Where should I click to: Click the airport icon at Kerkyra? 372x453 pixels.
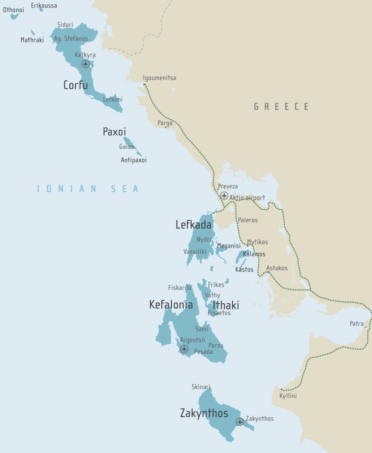[x=86, y=64]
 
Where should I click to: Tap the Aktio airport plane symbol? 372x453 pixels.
[x=224, y=196]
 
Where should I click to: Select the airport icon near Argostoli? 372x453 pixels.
[x=184, y=349]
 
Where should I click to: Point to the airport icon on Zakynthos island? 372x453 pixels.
[x=240, y=422]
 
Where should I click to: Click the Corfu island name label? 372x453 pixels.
[x=75, y=85]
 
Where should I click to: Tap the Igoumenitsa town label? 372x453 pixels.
[x=159, y=78]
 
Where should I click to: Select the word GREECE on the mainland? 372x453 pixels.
[x=281, y=107]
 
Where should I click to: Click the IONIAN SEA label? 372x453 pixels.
[x=88, y=189]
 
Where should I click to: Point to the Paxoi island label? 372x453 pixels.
[x=114, y=132]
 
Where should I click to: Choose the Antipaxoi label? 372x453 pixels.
[x=134, y=160]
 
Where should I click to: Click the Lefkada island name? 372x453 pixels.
[x=193, y=225]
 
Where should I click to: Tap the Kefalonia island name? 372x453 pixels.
[x=171, y=305]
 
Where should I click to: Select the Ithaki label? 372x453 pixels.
[x=226, y=305]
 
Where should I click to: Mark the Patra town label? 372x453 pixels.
[x=356, y=324]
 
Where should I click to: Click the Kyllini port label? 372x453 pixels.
[x=289, y=396]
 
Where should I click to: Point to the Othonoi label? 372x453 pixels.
[x=13, y=10]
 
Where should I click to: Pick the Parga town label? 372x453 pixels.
[x=165, y=123]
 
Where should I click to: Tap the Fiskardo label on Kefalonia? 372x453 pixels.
[x=179, y=288]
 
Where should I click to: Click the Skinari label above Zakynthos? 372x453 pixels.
[x=201, y=387]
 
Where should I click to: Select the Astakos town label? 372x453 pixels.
[x=277, y=268]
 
